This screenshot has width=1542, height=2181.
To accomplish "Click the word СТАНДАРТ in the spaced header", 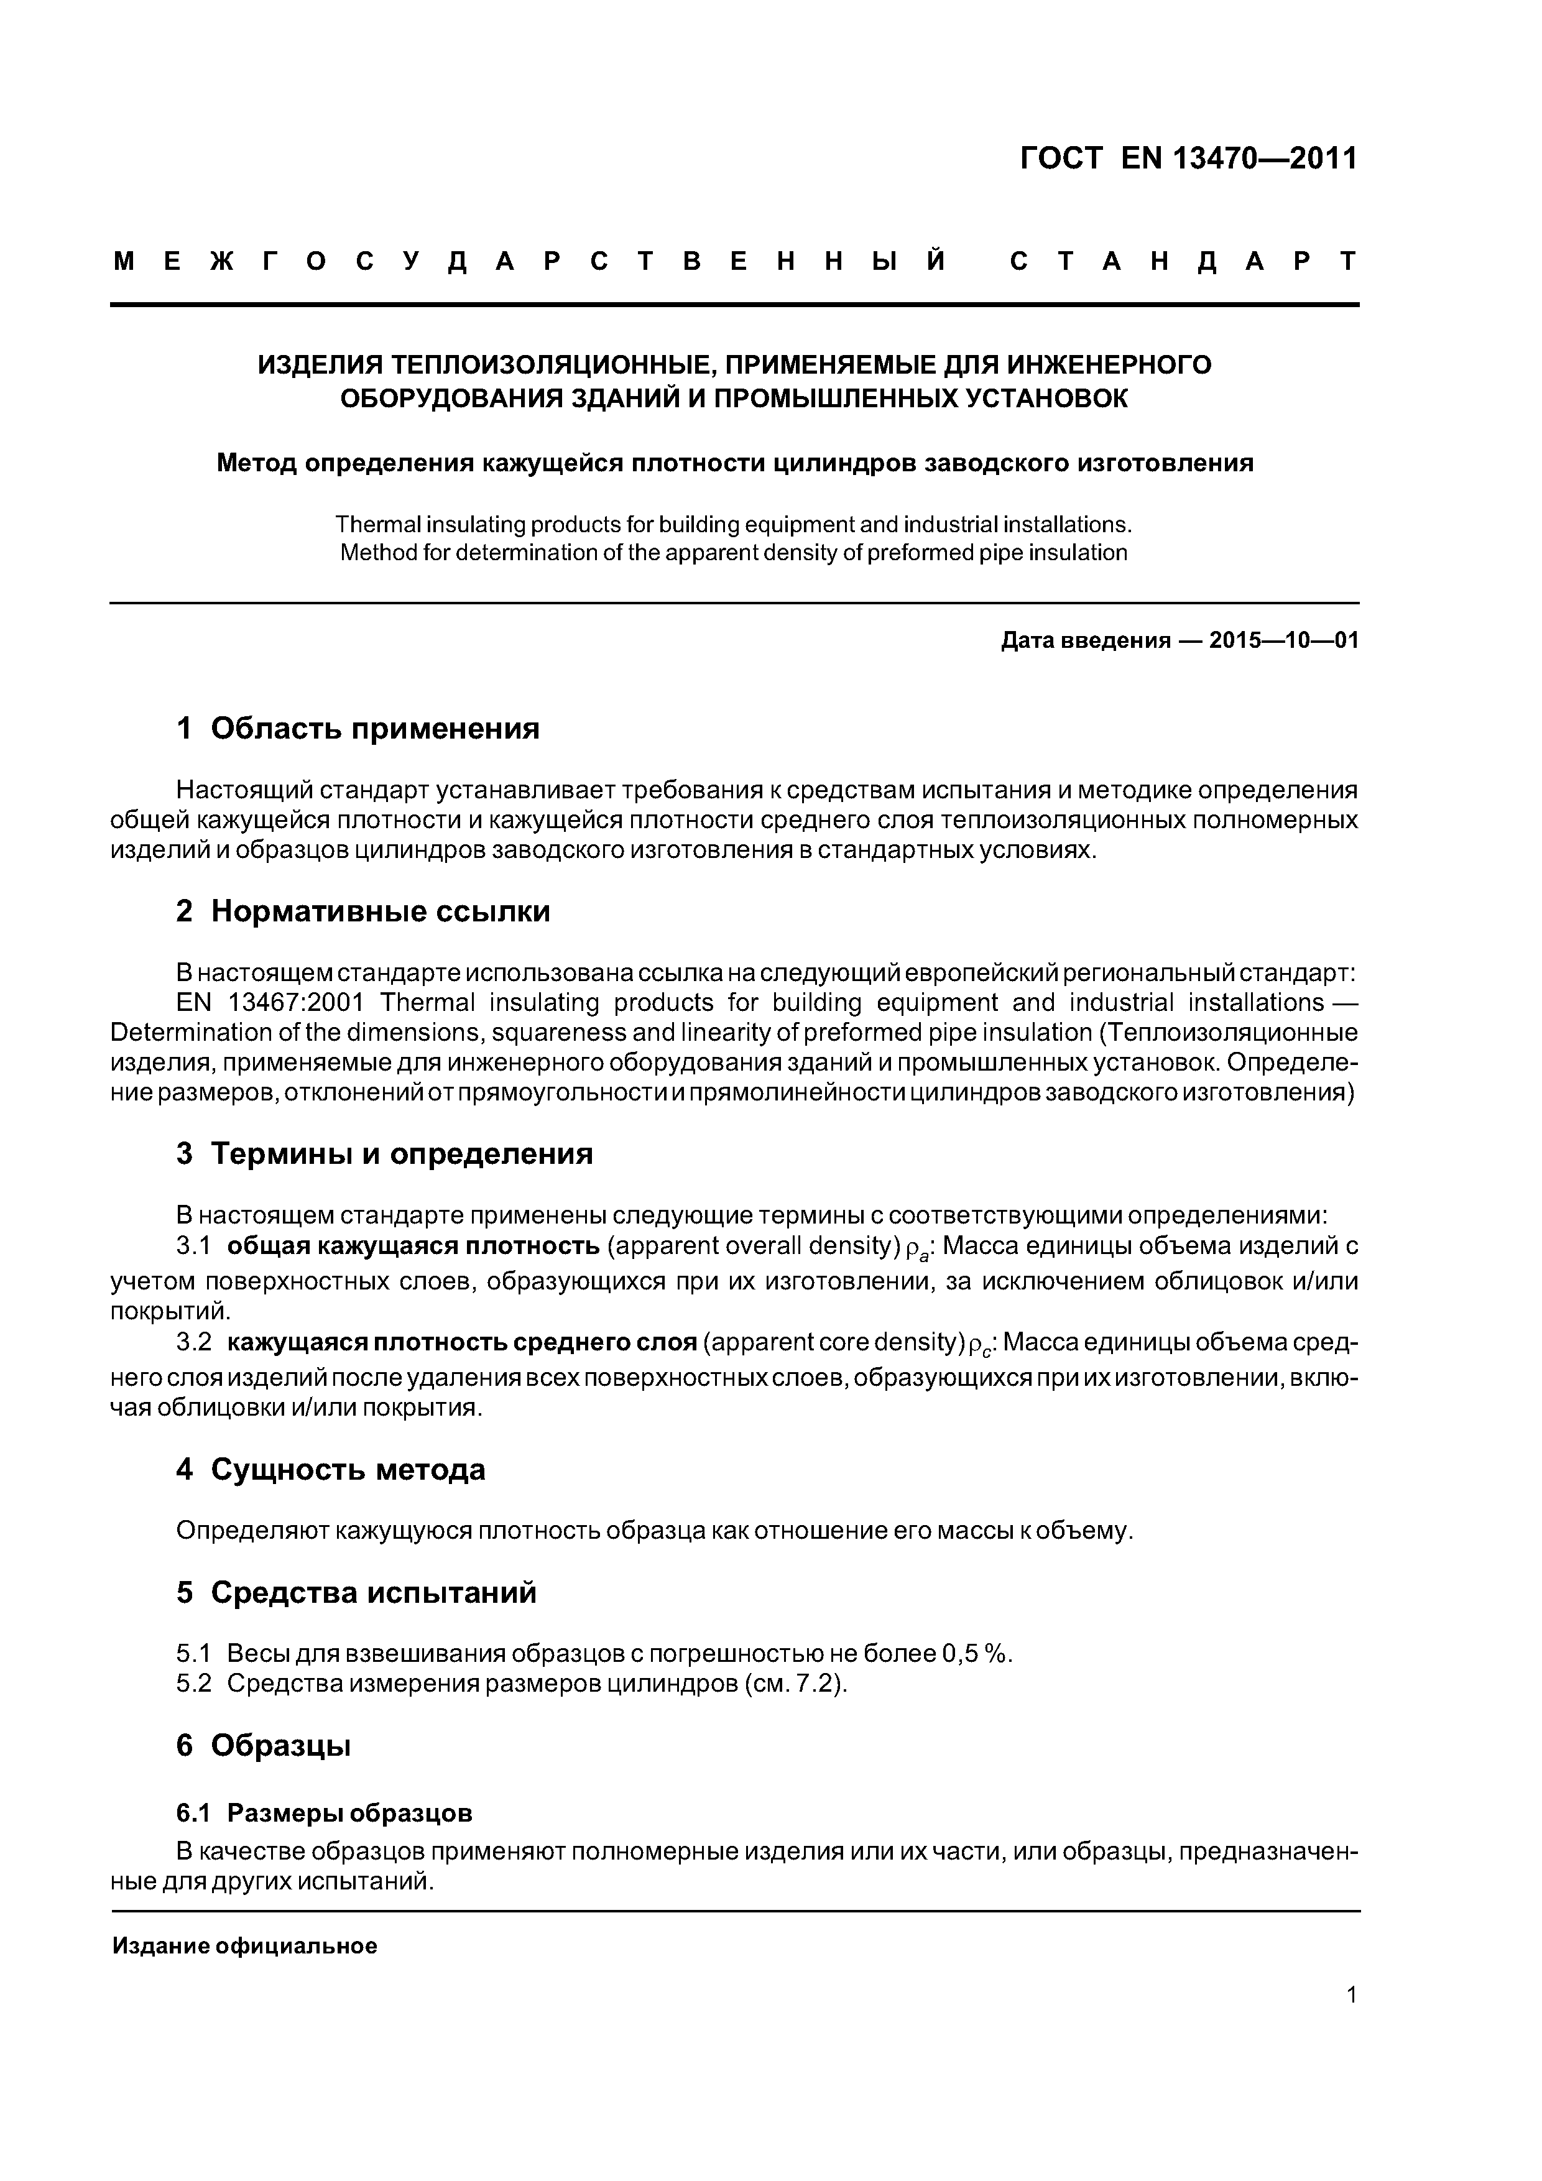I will pos(1183,261).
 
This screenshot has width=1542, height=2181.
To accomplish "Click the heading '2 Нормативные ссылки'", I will pos(363,911).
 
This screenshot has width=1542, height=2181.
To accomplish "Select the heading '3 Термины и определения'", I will pos(385,1153).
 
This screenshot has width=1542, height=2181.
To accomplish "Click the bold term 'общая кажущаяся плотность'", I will pos(413,1245).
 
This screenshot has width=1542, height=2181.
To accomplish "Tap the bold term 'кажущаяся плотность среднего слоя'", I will pos(463,1342).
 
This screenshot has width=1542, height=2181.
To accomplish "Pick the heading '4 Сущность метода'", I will pos(331,1470).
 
